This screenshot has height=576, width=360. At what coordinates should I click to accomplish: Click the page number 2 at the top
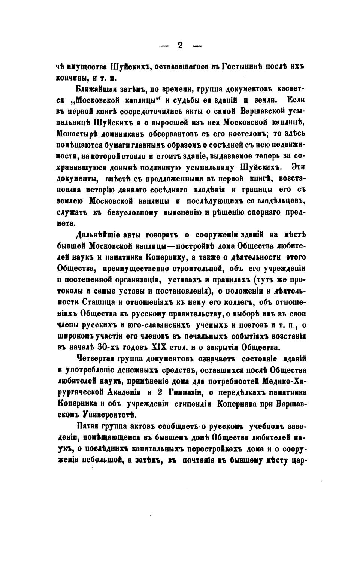[x=180, y=46]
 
